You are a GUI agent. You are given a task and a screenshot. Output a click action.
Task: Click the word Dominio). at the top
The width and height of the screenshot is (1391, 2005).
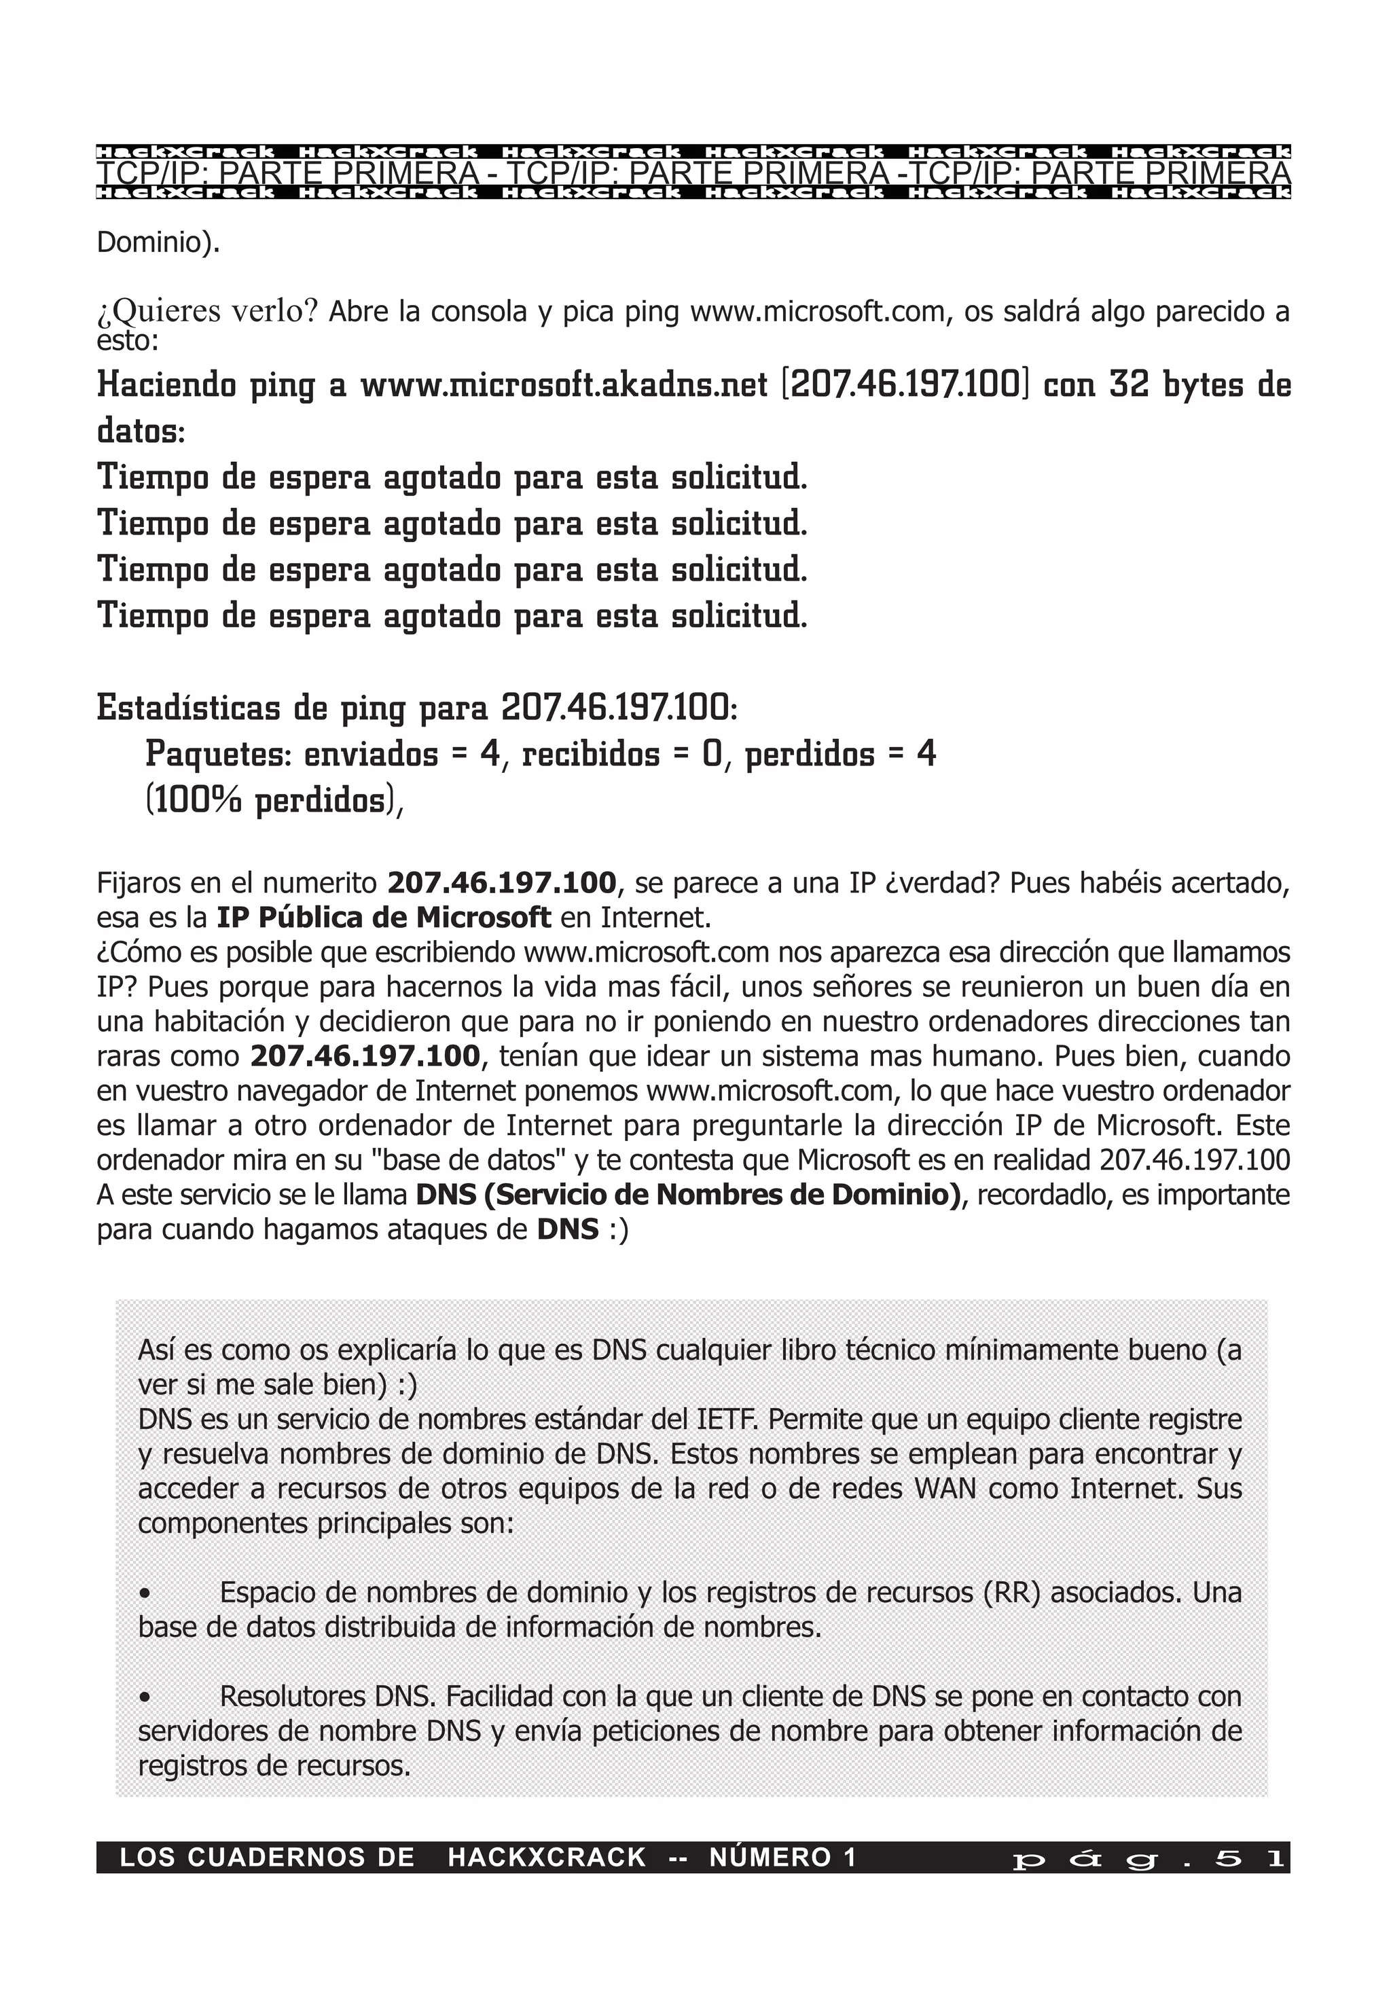pos(158,243)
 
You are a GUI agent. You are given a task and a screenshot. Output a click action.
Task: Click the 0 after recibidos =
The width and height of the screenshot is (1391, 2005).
pos(712,754)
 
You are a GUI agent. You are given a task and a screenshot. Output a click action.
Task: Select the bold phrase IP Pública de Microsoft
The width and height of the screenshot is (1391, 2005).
pos(384,918)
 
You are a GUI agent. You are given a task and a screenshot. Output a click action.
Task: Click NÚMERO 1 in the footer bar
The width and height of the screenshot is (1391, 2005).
pos(782,1858)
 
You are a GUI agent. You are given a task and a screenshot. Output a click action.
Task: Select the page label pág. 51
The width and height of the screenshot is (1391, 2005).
pos(1148,1858)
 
